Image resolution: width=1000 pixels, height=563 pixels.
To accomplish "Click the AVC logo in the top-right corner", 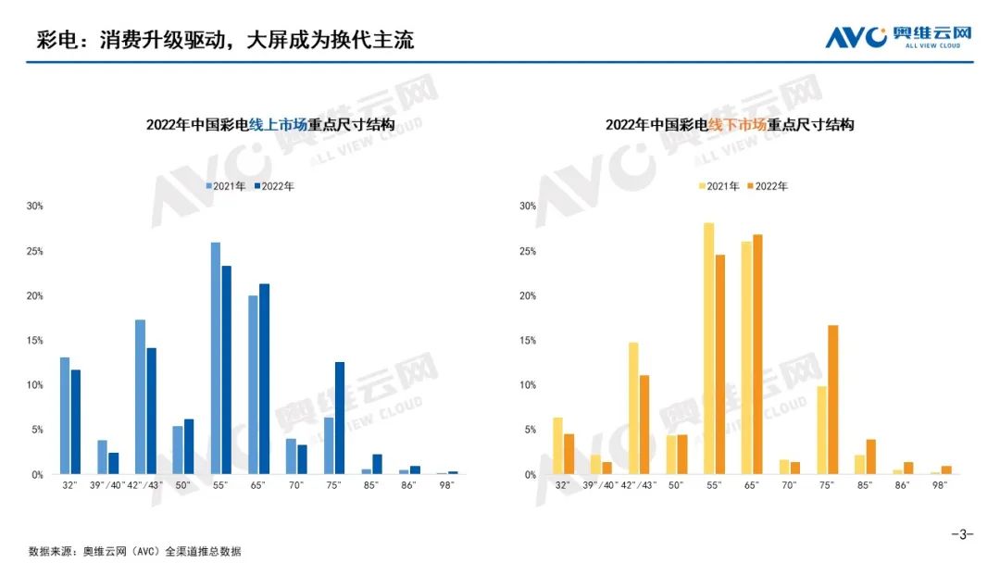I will click(x=898, y=36).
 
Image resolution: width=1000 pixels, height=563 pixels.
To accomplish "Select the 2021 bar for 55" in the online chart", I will click(x=216, y=357).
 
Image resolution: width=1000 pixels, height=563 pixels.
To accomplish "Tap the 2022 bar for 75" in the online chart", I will click(x=340, y=418).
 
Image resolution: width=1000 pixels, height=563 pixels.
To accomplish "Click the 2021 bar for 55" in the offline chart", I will click(x=708, y=348).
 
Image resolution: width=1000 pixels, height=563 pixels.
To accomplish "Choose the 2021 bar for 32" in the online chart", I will click(x=65, y=415).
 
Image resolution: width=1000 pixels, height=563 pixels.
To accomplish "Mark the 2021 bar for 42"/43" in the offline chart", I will click(x=633, y=407).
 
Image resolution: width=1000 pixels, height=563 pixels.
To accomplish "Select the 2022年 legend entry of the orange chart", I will click(x=768, y=186).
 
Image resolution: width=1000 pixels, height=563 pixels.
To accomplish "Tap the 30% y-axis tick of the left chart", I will click(x=35, y=206).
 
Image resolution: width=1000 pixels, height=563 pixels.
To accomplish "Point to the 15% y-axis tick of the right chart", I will click(x=529, y=341).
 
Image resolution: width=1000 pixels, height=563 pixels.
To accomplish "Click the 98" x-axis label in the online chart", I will click(x=447, y=485).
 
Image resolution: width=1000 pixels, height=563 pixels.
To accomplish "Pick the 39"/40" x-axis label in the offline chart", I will click(x=601, y=485).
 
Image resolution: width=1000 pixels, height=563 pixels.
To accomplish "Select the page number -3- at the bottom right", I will click(x=962, y=534).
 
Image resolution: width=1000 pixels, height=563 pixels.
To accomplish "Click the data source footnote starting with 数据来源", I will click(x=135, y=551).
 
